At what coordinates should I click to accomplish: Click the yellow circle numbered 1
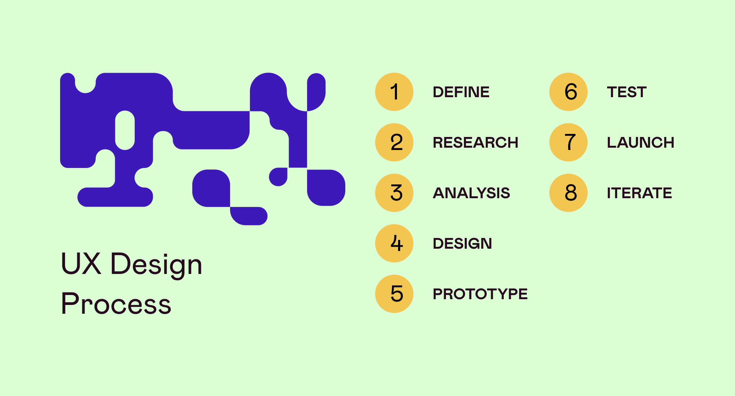[x=394, y=92]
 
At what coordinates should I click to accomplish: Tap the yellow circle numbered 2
[x=394, y=142]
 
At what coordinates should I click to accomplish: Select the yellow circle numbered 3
[x=394, y=193]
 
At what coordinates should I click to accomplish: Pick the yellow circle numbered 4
[x=394, y=243]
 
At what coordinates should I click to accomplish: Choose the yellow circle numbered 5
[x=394, y=294]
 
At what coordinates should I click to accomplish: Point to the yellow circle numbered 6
[x=568, y=92]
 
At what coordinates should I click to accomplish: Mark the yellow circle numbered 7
[x=568, y=142]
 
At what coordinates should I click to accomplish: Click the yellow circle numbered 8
[x=568, y=193]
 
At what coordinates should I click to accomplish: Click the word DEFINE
[x=461, y=92]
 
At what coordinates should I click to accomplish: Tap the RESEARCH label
[x=475, y=143]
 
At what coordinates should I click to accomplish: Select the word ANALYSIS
[x=471, y=193]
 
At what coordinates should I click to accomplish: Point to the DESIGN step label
[x=462, y=244]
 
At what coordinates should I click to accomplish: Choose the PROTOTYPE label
[x=480, y=294]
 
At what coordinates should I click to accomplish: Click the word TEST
[x=627, y=92]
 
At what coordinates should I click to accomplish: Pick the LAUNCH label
[x=640, y=143]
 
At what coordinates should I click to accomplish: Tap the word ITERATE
[x=639, y=193]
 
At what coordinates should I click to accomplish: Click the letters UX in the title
[x=81, y=264]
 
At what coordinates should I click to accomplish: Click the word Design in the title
[x=156, y=265]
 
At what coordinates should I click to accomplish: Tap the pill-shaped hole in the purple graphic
[x=125, y=130]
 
